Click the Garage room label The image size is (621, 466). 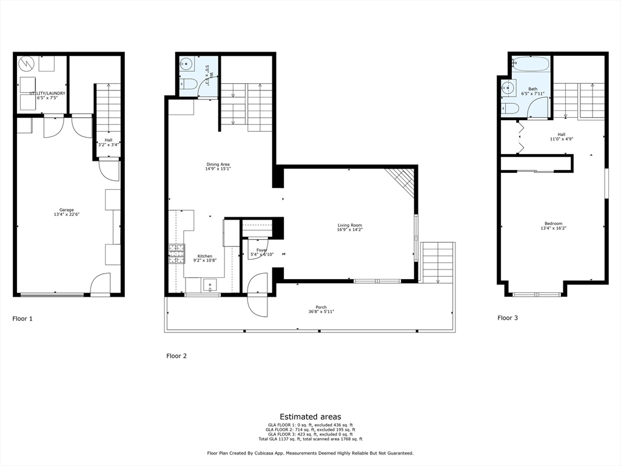coord(66,212)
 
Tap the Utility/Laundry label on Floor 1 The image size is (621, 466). coord(47,95)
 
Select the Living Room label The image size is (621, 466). coord(349,228)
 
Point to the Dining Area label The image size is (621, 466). coord(217,166)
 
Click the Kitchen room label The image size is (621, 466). coord(204,258)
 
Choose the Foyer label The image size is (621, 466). coord(262,252)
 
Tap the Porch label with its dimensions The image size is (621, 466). coord(320,309)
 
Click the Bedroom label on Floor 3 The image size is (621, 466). coord(552,225)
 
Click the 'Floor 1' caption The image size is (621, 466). coord(23,318)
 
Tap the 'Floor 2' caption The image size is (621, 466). coord(176,356)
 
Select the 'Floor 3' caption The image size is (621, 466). coord(508,317)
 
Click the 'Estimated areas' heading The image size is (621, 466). coord(310,416)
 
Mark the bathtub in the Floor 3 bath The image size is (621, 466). coord(531,62)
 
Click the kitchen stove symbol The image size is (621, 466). coord(176,254)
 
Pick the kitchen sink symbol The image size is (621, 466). coord(210,284)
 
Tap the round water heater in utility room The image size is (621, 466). coord(26,64)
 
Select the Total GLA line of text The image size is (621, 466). coord(310,439)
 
